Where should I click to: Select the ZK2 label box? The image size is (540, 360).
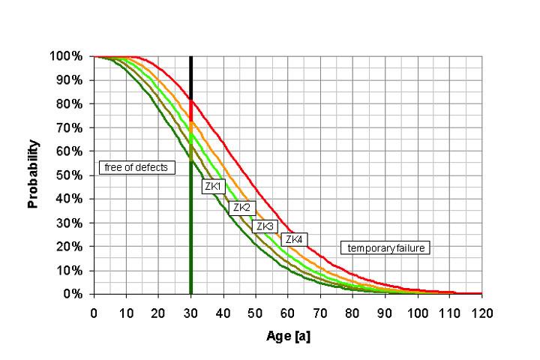click(241, 207)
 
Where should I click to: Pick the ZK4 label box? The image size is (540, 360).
click(293, 239)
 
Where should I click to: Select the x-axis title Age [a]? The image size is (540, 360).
click(288, 336)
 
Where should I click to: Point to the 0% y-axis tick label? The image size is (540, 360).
click(73, 294)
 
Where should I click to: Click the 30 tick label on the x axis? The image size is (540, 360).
click(190, 310)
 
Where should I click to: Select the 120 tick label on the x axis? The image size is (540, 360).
click(481, 310)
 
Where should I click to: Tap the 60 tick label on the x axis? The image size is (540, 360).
click(288, 310)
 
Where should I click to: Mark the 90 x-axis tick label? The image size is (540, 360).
click(385, 310)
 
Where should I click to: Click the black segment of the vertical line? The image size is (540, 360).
click(190, 75)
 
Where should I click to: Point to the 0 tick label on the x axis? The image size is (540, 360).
click(94, 310)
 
